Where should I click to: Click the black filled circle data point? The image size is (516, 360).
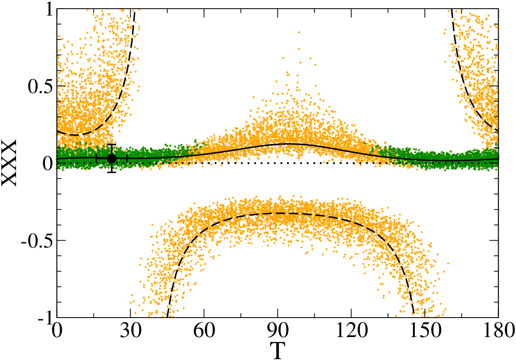point(112,158)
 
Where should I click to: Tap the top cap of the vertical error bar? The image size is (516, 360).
point(112,145)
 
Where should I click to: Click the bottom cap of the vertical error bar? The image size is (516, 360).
point(112,172)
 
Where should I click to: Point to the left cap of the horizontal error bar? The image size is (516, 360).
point(96,158)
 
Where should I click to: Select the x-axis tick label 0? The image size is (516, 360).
point(57,331)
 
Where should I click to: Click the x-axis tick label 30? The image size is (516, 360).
point(130,331)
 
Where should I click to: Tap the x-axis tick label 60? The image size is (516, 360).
point(204,331)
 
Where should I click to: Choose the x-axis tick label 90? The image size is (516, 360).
point(278,331)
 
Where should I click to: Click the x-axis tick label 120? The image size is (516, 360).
point(352,331)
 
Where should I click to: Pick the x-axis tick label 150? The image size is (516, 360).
point(425,331)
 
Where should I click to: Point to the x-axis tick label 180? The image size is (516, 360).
point(498,331)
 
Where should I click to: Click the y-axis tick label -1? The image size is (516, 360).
point(45,318)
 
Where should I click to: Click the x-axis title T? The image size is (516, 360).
point(277,351)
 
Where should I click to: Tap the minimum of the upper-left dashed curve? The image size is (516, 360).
point(76,135)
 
